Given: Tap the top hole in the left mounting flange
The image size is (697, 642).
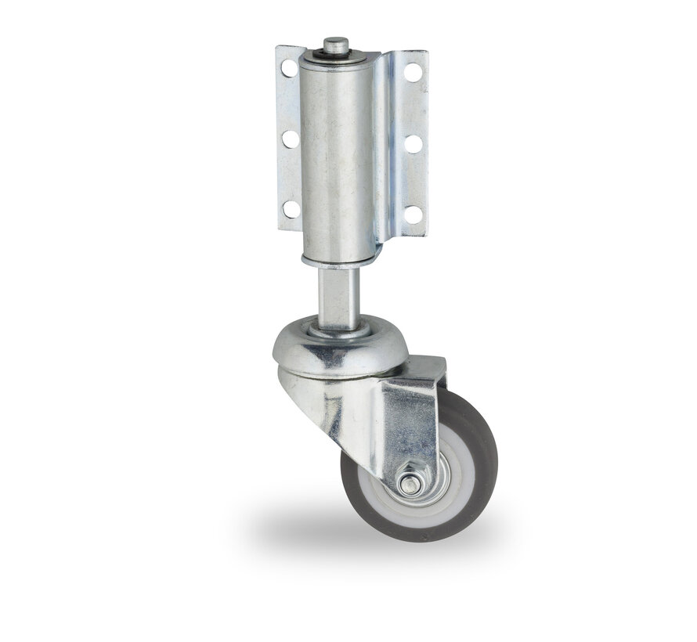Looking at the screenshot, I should coord(290,68).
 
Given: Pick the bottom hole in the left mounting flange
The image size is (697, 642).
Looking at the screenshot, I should coord(290,209).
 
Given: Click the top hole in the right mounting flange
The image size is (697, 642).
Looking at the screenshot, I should coord(413,73).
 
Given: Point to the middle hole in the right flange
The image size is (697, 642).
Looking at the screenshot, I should coord(413,144).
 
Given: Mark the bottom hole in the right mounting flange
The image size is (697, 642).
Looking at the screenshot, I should coord(413,213).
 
